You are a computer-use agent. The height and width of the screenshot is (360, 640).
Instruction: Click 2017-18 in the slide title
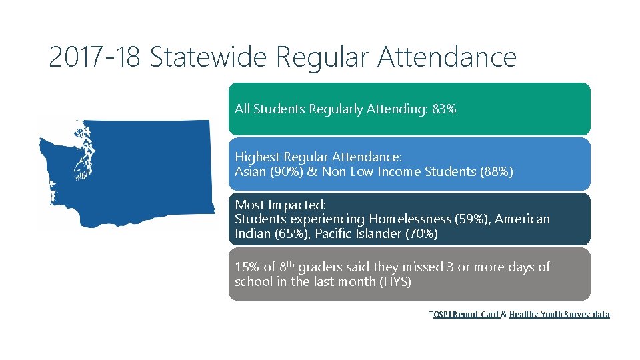pos(95,57)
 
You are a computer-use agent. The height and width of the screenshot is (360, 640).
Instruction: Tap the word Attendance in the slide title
pos(447,57)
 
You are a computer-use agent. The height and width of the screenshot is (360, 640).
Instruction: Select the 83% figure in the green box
pos(444,109)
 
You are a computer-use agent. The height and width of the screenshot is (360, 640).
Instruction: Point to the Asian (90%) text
pos(264,172)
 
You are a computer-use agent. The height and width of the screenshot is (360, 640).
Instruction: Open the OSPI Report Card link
pos(465,315)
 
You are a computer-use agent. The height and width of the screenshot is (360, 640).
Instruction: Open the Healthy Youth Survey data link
pos(559,315)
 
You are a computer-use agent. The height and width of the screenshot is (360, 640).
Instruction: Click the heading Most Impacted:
pos(280,205)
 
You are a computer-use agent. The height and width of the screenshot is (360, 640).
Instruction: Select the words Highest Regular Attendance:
pos(318,157)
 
